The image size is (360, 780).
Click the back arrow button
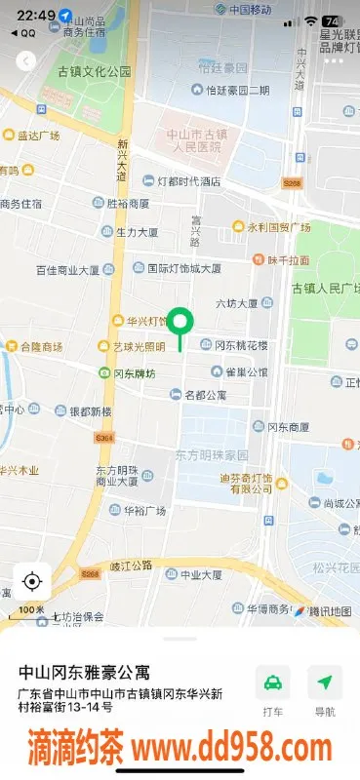coord(26,60)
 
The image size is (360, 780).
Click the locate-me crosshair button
coord(31,582)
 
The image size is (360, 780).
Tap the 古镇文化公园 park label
coord(94,71)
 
